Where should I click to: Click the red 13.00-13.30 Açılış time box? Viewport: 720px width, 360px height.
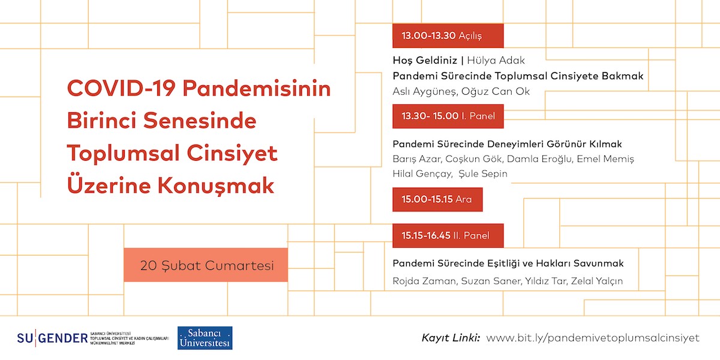[x=448, y=36]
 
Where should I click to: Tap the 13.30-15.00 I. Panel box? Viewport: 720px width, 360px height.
[x=448, y=116]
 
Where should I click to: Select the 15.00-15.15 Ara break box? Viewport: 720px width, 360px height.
[x=437, y=199]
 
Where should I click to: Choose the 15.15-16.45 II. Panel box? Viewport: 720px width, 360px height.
[x=448, y=235]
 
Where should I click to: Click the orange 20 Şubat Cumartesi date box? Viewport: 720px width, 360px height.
[x=206, y=265]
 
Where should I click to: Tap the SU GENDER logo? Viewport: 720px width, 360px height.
[x=53, y=338]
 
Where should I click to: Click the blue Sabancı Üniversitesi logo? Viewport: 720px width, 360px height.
[x=205, y=338]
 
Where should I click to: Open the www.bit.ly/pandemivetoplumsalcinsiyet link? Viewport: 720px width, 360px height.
[x=593, y=338]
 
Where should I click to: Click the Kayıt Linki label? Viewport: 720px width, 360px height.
[x=451, y=338]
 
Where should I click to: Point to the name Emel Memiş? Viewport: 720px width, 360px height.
[x=610, y=159]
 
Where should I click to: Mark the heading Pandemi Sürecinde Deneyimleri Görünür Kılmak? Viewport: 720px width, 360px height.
[x=507, y=144]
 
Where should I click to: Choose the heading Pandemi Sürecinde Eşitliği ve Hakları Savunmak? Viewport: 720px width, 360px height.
[x=508, y=263]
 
